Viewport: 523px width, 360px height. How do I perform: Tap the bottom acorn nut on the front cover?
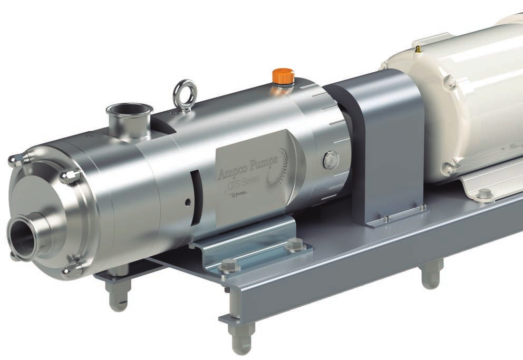pos(72,271)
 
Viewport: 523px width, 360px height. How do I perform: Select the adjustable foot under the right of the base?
pos(431,274)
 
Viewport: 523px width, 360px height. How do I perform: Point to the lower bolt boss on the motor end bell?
pos(449,168)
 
